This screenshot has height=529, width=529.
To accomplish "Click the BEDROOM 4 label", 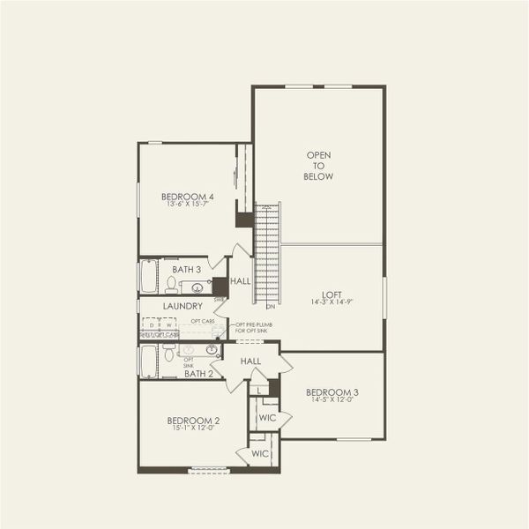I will [187, 197].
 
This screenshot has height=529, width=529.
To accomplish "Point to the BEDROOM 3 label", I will [332, 391].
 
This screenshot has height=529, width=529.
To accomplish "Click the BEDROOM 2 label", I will [193, 421].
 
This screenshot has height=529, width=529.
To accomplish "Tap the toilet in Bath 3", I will [171, 283].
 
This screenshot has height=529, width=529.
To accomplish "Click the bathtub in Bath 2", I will [148, 361].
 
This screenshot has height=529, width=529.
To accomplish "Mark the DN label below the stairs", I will [270, 307].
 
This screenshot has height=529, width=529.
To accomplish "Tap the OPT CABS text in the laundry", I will [203, 321].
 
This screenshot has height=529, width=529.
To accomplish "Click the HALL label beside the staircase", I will [241, 281].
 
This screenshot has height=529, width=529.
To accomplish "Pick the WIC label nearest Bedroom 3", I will [268, 416].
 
